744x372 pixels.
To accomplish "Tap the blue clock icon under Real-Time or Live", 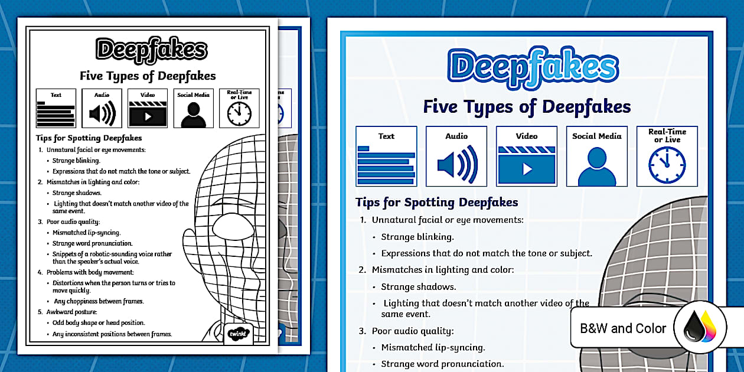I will (x=667, y=166).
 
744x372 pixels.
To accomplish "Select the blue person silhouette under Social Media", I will (x=596, y=167).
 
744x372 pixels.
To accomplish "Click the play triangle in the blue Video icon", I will (x=527, y=169).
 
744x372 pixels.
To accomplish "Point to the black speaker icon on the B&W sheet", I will (x=102, y=114).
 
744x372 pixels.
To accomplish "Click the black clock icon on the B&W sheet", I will (x=239, y=114).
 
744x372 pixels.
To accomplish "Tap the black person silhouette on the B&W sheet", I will (x=193, y=115).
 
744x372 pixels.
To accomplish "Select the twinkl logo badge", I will (x=239, y=333).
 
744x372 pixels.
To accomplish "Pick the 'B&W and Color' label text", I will (x=623, y=328).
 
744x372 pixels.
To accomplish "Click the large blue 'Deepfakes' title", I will (x=533, y=67).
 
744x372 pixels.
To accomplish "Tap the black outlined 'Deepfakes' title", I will (x=152, y=50).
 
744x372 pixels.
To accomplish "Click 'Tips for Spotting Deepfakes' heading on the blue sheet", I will (x=437, y=203).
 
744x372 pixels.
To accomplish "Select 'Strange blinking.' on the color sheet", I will (x=417, y=237).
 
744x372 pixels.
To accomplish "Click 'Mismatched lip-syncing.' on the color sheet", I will (x=433, y=347).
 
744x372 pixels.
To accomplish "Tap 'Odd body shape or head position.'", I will (x=99, y=323).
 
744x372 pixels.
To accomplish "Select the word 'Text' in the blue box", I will (x=386, y=136).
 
